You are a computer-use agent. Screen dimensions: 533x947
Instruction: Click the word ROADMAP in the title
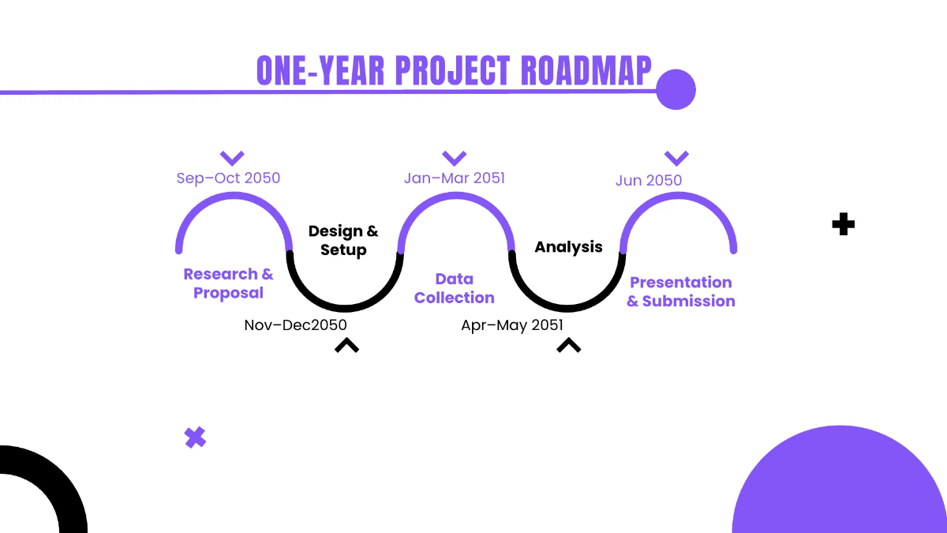(x=587, y=71)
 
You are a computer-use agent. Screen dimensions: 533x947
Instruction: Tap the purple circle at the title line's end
(x=676, y=89)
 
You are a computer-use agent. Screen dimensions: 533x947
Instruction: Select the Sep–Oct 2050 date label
(x=228, y=178)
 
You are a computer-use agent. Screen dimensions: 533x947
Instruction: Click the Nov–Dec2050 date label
(x=295, y=325)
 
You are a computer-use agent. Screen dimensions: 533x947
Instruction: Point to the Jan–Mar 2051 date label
(x=454, y=178)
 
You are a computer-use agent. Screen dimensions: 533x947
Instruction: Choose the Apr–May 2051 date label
(x=512, y=325)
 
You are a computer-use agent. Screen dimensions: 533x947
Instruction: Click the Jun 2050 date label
(x=648, y=180)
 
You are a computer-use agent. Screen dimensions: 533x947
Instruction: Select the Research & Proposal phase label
(x=228, y=283)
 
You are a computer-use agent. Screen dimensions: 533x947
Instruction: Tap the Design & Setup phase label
(x=343, y=241)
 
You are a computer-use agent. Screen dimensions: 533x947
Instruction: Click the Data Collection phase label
(x=454, y=288)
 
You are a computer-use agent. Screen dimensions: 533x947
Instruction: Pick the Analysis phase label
(x=568, y=247)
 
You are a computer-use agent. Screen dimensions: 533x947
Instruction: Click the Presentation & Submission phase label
(x=680, y=291)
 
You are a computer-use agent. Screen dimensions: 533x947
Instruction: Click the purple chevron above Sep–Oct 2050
(x=232, y=157)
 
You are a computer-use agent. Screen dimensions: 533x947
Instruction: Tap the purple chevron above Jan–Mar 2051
(x=454, y=157)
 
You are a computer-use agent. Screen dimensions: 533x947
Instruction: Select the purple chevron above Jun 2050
(x=676, y=157)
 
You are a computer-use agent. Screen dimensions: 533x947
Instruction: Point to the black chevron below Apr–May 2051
(x=568, y=344)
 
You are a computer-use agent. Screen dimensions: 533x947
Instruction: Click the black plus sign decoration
(x=844, y=224)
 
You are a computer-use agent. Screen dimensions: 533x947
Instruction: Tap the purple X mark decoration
(x=195, y=437)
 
